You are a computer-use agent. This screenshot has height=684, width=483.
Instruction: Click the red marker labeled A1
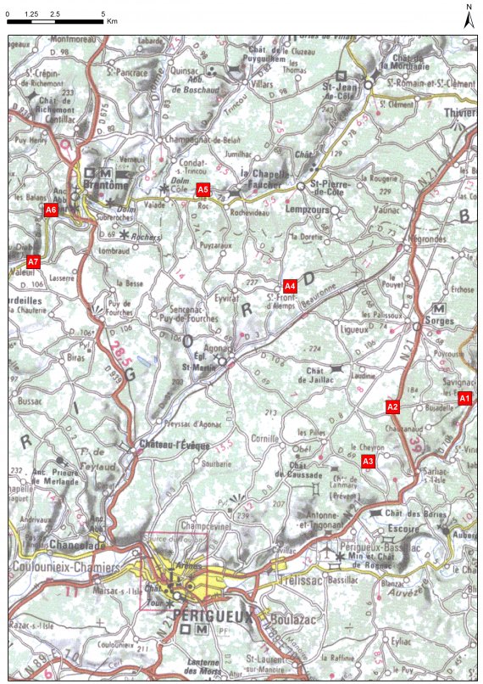464,398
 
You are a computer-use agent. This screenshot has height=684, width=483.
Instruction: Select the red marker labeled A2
392,407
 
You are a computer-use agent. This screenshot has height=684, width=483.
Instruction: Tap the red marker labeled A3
368,462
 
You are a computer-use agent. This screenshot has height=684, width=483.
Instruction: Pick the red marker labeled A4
289,285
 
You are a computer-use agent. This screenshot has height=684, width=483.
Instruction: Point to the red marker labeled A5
203,189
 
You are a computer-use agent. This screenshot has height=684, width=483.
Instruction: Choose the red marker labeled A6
51,209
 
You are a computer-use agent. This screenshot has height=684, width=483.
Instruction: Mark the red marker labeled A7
33,261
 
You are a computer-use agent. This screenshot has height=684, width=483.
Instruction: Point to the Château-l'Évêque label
166,444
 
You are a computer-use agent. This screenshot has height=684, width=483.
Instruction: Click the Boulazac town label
284,619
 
